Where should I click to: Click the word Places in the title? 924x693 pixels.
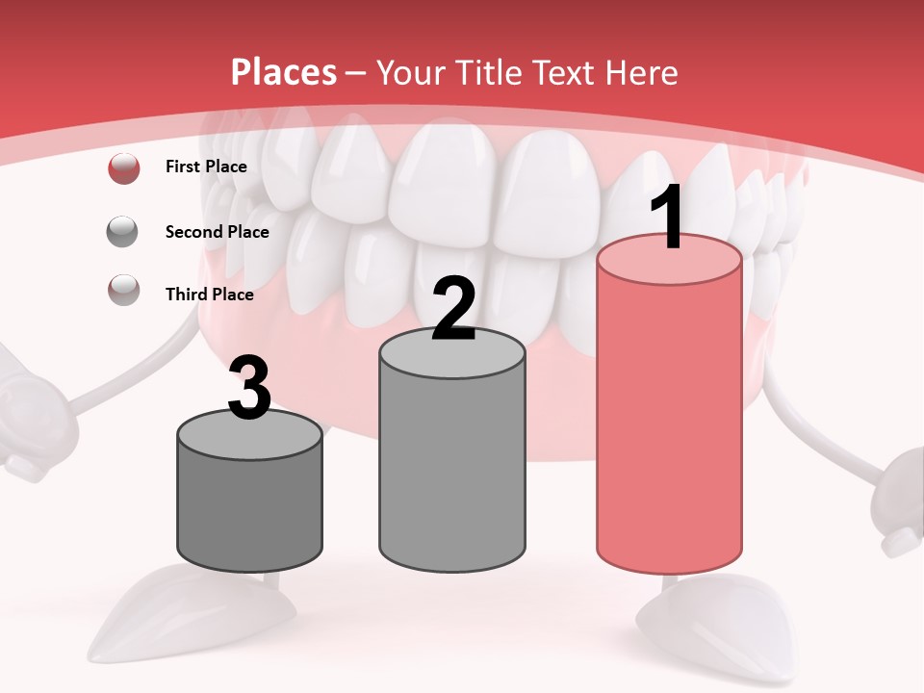[284, 72]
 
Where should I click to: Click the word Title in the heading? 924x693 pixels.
[488, 72]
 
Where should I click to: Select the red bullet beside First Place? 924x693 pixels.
[123, 167]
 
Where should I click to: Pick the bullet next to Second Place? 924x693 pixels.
[123, 232]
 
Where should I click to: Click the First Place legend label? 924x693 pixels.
[206, 167]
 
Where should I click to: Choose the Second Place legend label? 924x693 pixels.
[217, 232]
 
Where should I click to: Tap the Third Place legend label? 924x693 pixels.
[209, 295]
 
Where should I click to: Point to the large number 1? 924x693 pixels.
[668, 218]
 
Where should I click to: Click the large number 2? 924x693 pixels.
[453, 309]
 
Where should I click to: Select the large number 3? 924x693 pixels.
[250, 388]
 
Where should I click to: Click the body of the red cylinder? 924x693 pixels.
[669, 423]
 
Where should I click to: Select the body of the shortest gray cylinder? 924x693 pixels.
[250, 510]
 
